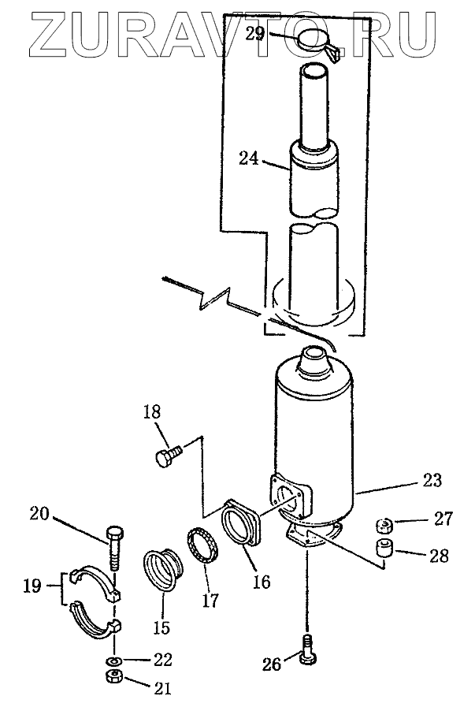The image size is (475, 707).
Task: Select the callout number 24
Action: pyautogui.click(x=249, y=159)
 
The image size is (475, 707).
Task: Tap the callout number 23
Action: pyautogui.click(x=432, y=478)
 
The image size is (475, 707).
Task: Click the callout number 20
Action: pyautogui.click(x=39, y=515)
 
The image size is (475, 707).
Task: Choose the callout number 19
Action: pyautogui.click(x=32, y=586)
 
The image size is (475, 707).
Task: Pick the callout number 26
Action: pyautogui.click(x=272, y=665)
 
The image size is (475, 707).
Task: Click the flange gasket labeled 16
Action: pyautogui.click(x=243, y=523)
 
